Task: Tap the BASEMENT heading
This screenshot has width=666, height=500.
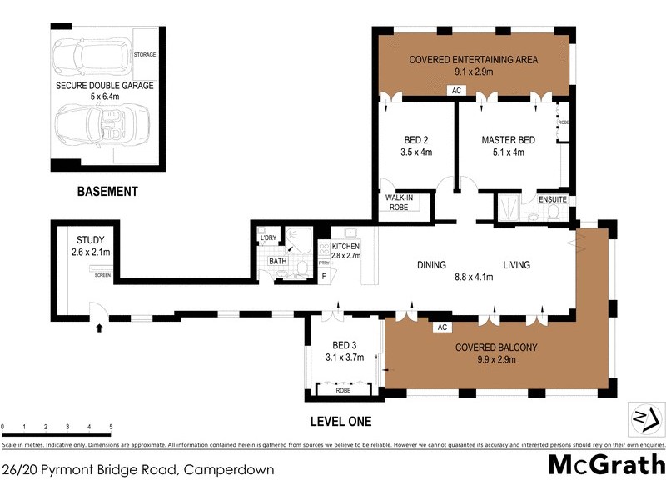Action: [107, 192]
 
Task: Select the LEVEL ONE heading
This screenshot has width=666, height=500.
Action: [340, 421]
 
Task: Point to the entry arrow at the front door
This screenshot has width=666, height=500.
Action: [100, 328]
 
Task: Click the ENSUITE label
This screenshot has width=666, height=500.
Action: [553, 200]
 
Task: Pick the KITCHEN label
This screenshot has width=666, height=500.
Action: [345, 247]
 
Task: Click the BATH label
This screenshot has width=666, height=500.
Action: [278, 261]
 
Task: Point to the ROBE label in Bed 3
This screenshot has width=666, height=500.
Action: [343, 389]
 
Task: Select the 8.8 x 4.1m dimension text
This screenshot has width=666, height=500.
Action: [472, 277]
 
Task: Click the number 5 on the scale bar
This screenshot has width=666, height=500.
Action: [112, 427]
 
